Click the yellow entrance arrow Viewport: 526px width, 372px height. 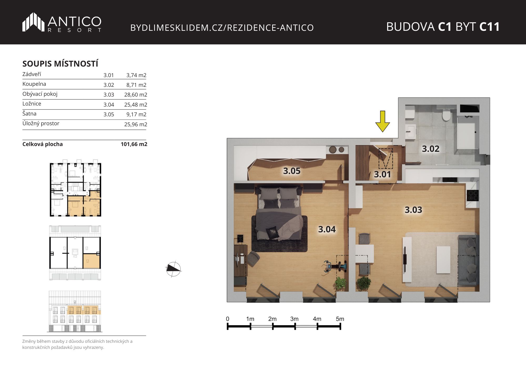[x=382, y=121]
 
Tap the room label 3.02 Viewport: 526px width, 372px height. [x=431, y=149]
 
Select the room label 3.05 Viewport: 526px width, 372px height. [x=292, y=171]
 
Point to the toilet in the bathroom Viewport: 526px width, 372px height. [x=446, y=115]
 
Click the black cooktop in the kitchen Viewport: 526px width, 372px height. [x=473, y=195]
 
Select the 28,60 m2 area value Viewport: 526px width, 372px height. [x=136, y=95]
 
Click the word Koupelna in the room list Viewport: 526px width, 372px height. [x=34, y=84]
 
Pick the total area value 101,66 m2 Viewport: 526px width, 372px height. [x=134, y=144]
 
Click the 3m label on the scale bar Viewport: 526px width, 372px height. [x=294, y=319]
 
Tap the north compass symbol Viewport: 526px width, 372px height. [x=174, y=269]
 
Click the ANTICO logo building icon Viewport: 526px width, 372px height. [x=33, y=22]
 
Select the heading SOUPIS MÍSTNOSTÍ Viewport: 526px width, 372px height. [x=60, y=64]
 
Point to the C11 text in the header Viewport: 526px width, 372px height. [x=489, y=27]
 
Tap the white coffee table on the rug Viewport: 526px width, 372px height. [x=443, y=260]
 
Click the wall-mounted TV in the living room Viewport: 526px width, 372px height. [x=405, y=259]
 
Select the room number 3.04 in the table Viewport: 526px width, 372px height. [x=109, y=105]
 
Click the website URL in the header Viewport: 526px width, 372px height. [x=222, y=28]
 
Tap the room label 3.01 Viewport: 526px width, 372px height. [x=382, y=174]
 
